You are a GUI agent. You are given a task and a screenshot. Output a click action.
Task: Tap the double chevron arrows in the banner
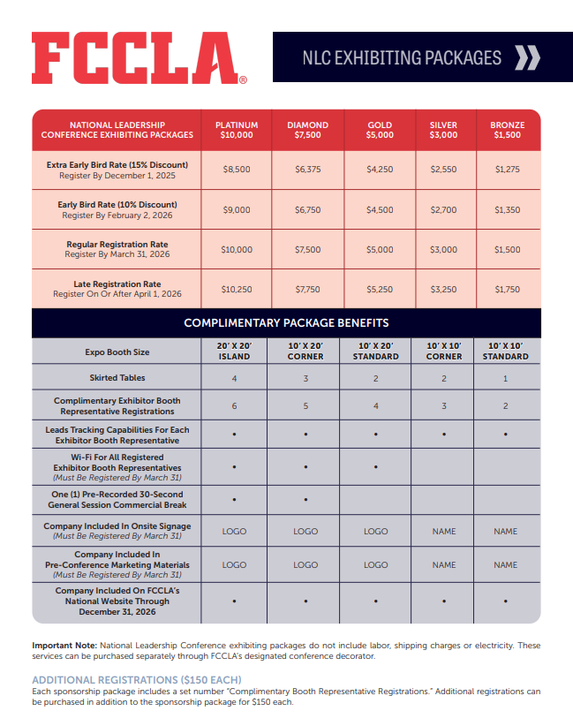tap(527, 58)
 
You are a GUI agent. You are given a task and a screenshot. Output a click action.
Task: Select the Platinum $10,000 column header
tap(237, 130)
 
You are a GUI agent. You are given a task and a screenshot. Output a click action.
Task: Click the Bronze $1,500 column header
tap(507, 130)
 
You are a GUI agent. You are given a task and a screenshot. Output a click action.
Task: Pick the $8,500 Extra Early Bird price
tap(237, 170)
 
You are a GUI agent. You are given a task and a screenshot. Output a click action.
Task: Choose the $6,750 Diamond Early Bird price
tap(307, 210)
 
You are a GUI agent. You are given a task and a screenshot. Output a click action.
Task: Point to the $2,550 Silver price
tap(443, 170)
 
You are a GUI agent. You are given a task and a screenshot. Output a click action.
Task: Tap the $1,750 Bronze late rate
tap(507, 290)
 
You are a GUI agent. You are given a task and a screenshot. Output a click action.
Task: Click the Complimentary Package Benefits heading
tap(286, 323)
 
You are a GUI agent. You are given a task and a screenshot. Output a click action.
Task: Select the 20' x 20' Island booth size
tap(234, 352)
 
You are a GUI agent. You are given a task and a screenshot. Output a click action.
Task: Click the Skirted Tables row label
tap(117, 378)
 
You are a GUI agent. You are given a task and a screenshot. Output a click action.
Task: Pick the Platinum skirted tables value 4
tap(234, 378)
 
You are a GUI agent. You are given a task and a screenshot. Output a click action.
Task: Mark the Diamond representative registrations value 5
tap(305, 406)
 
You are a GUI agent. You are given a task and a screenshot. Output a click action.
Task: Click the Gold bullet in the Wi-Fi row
tap(376, 465)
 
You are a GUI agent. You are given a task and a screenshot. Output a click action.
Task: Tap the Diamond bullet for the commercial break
tap(305, 500)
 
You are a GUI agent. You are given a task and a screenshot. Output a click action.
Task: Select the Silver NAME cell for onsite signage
tap(443, 532)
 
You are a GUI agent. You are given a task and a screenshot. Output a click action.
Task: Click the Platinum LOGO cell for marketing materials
tap(234, 564)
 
